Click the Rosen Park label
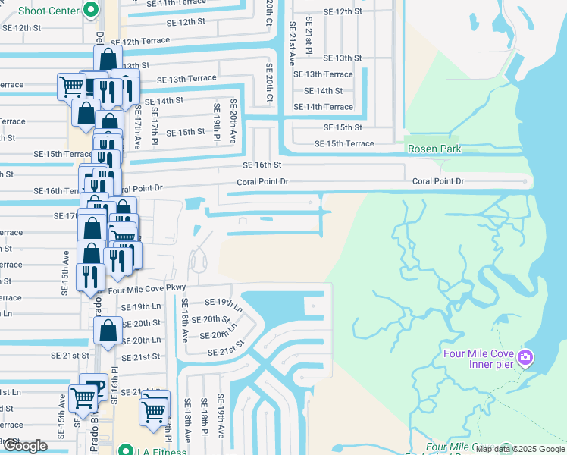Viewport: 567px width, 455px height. pyautogui.click(x=434, y=149)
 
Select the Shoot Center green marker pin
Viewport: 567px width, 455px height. pyautogui.click(x=91, y=10)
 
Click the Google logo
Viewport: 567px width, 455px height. pyautogui.click(x=25, y=446)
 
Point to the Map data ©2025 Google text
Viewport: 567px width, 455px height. pyautogui.click(x=519, y=449)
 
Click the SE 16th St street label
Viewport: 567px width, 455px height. pyautogui.click(x=262, y=165)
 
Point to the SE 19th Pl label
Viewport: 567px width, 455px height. pyautogui.click(x=217, y=115)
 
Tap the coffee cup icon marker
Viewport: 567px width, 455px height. pyautogui.click(x=91, y=385)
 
